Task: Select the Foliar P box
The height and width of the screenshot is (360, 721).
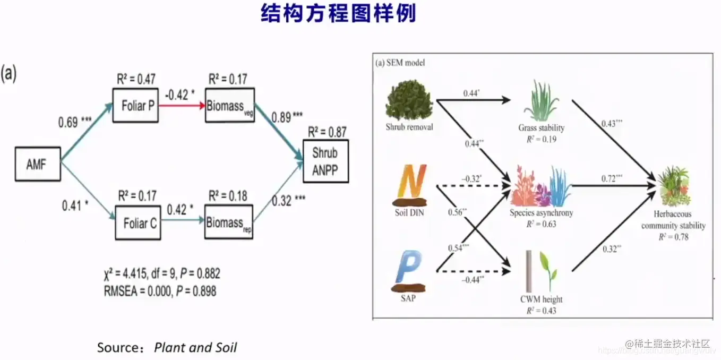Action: click(x=136, y=106)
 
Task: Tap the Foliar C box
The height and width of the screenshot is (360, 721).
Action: click(x=138, y=223)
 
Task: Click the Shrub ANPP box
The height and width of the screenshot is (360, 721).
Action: click(x=325, y=161)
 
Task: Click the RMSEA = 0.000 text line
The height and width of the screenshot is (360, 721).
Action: click(x=159, y=290)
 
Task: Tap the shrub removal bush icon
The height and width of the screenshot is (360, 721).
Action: click(x=409, y=102)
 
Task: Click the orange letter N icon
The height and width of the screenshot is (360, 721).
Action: click(x=410, y=184)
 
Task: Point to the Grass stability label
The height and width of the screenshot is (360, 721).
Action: click(x=541, y=128)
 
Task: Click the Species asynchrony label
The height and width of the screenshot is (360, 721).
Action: click(x=541, y=213)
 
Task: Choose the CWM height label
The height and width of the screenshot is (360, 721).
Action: click(x=541, y=299)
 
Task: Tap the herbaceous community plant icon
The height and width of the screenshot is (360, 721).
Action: click(x=673, y=186)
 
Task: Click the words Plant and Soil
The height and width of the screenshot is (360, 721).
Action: click(x=195, y=348)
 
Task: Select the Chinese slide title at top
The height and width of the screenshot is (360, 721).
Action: click(x=338, y=14)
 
